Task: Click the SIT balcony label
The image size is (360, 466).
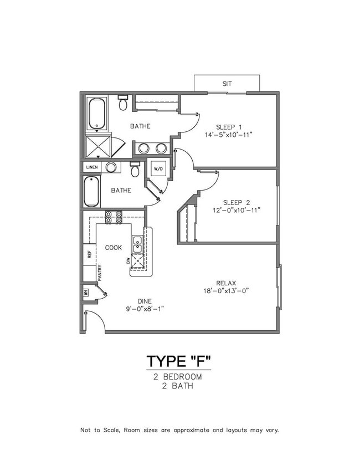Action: pyautogui.click(x=227, y=84)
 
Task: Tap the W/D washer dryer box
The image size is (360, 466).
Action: pyautogui.click(x=158, y=169)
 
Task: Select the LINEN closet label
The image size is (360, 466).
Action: pyautogui.click(x=92, y=167)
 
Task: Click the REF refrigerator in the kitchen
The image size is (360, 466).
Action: pyautogui.click(x=89, y=254)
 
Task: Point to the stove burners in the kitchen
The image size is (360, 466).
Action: pyautogui.click(x=114, y=217)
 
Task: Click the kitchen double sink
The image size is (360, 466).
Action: pyautogui.click(x=137, y=244)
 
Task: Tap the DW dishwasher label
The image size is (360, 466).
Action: pyautogui.click(x=128, y=261)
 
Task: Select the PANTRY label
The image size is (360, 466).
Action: pyautogui.click(x=100, y=273)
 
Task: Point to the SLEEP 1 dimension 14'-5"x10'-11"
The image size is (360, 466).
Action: pyautogui.click(x=228, y=135)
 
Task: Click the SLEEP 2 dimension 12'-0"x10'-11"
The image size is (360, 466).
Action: pyautogui.click(x=236, y=211)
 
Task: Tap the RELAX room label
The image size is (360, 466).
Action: pyautogui.click(x=226, y=283)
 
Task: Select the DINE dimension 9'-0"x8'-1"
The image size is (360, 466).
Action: pyautogui.click(x=145, y=309)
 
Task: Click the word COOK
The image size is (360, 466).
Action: pyautogui.click(x=114, y=248)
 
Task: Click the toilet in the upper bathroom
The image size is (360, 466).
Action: pyautogui.click(x=122, y=103)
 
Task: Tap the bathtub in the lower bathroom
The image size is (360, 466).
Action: pyautogui.click(x=91, y=191)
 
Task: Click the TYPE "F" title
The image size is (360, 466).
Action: pyautogui.click(x=178, y=361)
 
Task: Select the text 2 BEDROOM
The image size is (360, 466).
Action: pyautogui.click(x=178, y=377)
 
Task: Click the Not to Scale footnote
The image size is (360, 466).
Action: pyautogui.click(x=179, y=430)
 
